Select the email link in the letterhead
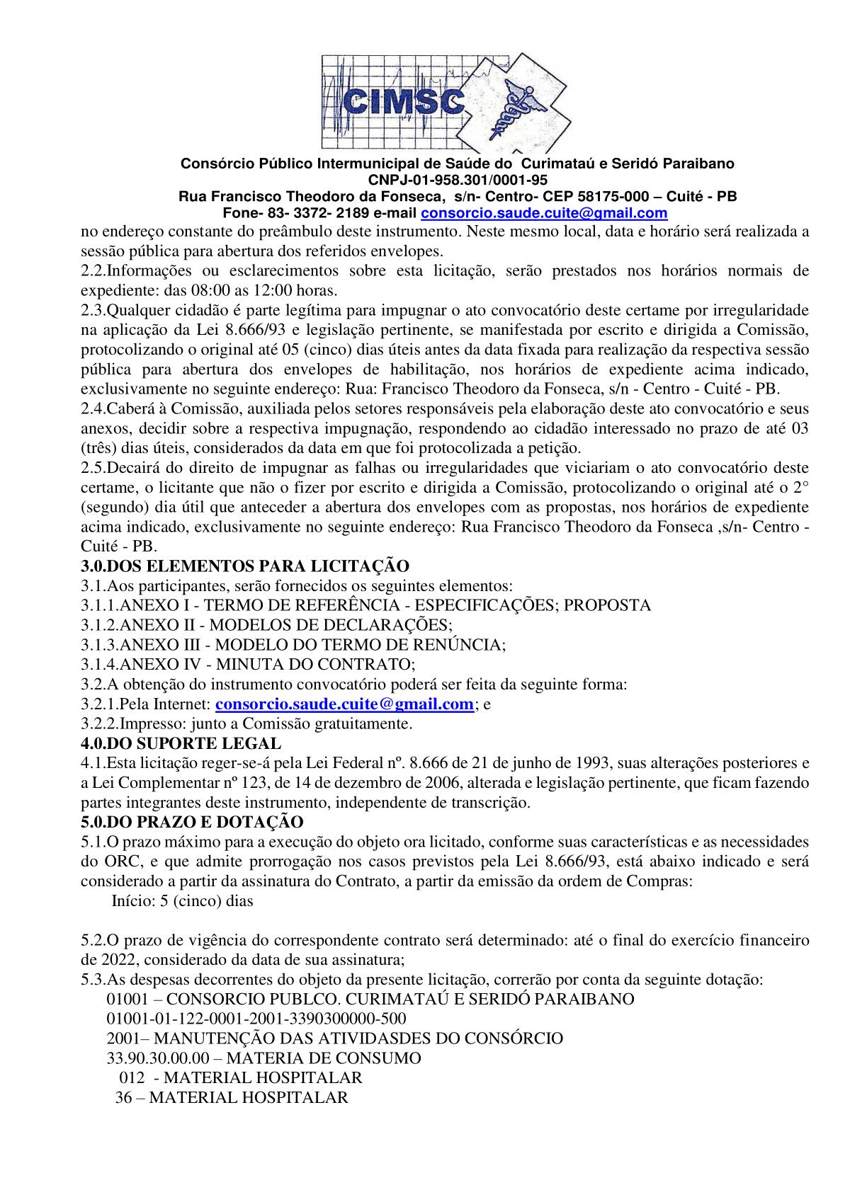click(x=544, y=213)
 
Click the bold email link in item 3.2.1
click(x=344, y=704)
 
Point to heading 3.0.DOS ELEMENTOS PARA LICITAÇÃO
click(x=245, y=566)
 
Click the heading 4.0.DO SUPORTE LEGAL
click(x=181, y=743)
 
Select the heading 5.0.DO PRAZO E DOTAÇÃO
click(x=192, y=822)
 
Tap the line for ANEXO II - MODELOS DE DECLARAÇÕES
click(x=266, y=625)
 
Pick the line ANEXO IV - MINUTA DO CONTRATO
click(x=248, y=665)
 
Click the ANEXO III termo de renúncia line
click(x=293, y=645)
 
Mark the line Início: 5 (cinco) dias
click(x=183, y=901)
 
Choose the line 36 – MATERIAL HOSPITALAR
click(x=232, y=1098)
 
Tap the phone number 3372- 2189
click(x=330, y=213)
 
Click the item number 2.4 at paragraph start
click(x=93, y=408)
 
